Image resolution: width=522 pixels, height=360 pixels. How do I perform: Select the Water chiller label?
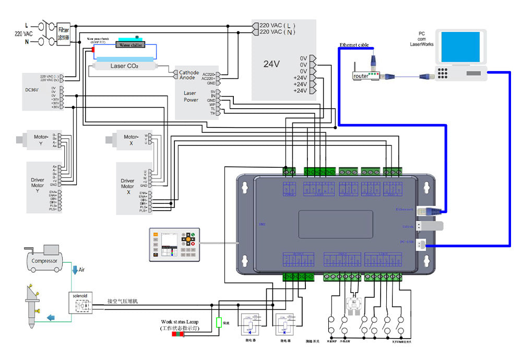pyautogui.click(x=131, y=45)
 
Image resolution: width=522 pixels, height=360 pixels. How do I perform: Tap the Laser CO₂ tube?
pyautogui.click(x=124, y=66)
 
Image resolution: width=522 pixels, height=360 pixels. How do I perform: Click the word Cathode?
pyautogui.click(x=189, y=73)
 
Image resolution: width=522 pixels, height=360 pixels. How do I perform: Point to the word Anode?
pyautogui.click(x=187, y=78)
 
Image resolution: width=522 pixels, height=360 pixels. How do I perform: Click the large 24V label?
pyautogui.click(x=271, y=64)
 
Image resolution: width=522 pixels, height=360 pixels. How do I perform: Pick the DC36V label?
pyautogui.click(x=33, y=89)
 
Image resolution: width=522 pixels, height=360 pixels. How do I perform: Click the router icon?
pyautogui.click(x=361, y=75)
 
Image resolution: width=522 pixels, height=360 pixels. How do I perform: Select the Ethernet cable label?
pyautogui.click(x=354, y=45)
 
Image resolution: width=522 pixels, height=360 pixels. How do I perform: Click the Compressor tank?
pyautogui.click(x=44, y=260)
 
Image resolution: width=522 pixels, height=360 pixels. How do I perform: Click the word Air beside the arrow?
pyautogui.click(x=81, y=270)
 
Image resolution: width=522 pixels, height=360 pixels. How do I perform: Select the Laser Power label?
pyautogui.click(x=191, y=96)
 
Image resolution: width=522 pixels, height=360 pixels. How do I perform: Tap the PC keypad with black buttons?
pyautogui.click(x=444, y=73)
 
